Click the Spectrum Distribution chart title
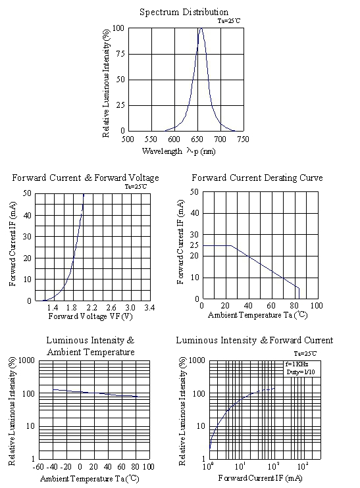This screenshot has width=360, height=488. click(184, 12)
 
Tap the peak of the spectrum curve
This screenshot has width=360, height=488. click(201, 28)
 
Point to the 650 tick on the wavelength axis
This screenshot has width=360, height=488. click(197, 139)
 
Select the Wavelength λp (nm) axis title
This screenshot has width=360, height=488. click(179, 151)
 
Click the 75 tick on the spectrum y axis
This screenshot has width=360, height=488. click(120, 54)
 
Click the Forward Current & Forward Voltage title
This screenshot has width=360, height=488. click(86, 178)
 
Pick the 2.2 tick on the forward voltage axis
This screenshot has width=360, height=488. click(91, 308)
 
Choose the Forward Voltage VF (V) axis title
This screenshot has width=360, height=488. click(90, 316)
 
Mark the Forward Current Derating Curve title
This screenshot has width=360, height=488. click(257, 178)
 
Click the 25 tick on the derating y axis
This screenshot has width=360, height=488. click(194, 245)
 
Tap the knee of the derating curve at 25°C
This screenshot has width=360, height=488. click(231, 245)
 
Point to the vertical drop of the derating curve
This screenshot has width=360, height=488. click(299, 293)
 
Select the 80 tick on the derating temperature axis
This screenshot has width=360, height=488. click(294, 305)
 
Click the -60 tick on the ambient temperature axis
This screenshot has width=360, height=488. click(39, 467)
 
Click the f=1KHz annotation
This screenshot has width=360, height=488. click(297, 364)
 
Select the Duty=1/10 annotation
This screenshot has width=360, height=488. click(301, 372)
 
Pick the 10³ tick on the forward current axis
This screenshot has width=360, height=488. click(303, 466)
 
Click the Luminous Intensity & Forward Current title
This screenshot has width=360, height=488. click(255, 341)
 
